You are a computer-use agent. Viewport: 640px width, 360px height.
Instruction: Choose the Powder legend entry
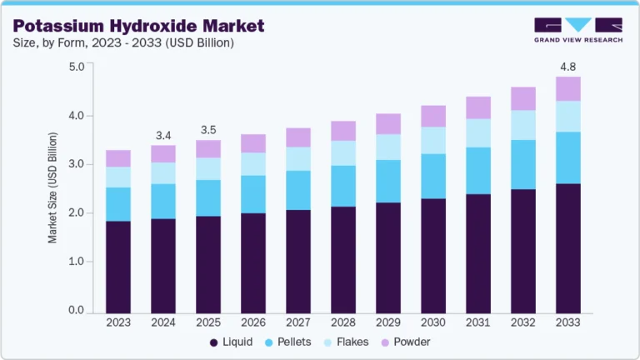tap(412, 342)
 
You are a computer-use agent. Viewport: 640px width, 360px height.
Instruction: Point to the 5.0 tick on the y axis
tap(77, 67)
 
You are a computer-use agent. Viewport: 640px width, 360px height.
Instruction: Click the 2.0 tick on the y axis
tap(77, 213)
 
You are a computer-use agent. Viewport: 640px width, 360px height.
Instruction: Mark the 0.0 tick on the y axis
tap(77, 311)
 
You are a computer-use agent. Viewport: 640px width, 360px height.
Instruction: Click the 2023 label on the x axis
tap(118, 322)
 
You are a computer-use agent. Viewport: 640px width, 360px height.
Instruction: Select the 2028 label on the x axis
tap(342, 322)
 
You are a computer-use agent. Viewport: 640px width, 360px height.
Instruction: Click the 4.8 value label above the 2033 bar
tap(567, 67)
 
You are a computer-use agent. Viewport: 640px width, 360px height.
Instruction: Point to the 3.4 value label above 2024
tap(163, 135)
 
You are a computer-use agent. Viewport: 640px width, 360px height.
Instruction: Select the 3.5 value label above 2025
tap(207, 130)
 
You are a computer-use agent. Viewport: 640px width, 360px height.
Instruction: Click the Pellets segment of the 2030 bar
tap(432, 176)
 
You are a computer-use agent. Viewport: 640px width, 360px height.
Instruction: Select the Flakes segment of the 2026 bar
tap(252, 164)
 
